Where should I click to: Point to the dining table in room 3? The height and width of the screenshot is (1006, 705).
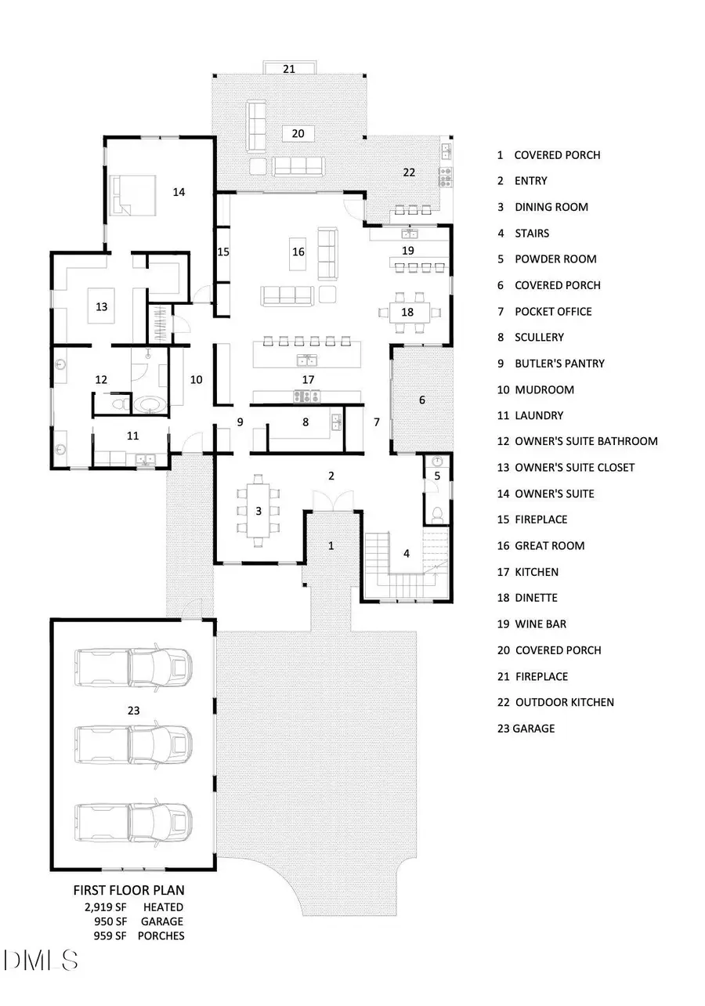tap(258, 511)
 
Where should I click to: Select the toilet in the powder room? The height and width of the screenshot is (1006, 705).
tap(437, 513)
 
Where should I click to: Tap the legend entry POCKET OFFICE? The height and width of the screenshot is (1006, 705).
tap(552, 311)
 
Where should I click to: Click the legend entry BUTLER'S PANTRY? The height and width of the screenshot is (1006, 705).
tap(559, 364)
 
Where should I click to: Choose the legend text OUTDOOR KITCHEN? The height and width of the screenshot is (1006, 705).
tap(563, 702)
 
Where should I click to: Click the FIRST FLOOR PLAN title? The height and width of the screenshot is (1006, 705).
tap(129, 891)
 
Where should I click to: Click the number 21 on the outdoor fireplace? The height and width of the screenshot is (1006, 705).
tap(289, 69)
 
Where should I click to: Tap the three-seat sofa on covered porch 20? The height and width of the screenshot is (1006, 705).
tap(298, 165)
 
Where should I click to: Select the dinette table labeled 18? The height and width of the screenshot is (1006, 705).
tap(407, 312)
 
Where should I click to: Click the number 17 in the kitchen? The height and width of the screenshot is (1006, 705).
tap(308, 379)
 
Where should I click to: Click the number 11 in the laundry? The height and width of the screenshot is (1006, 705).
tap(132, 434)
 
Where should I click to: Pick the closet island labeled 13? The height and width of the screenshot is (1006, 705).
tap(101, 306)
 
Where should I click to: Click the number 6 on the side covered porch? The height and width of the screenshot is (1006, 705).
tap(422, 400)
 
